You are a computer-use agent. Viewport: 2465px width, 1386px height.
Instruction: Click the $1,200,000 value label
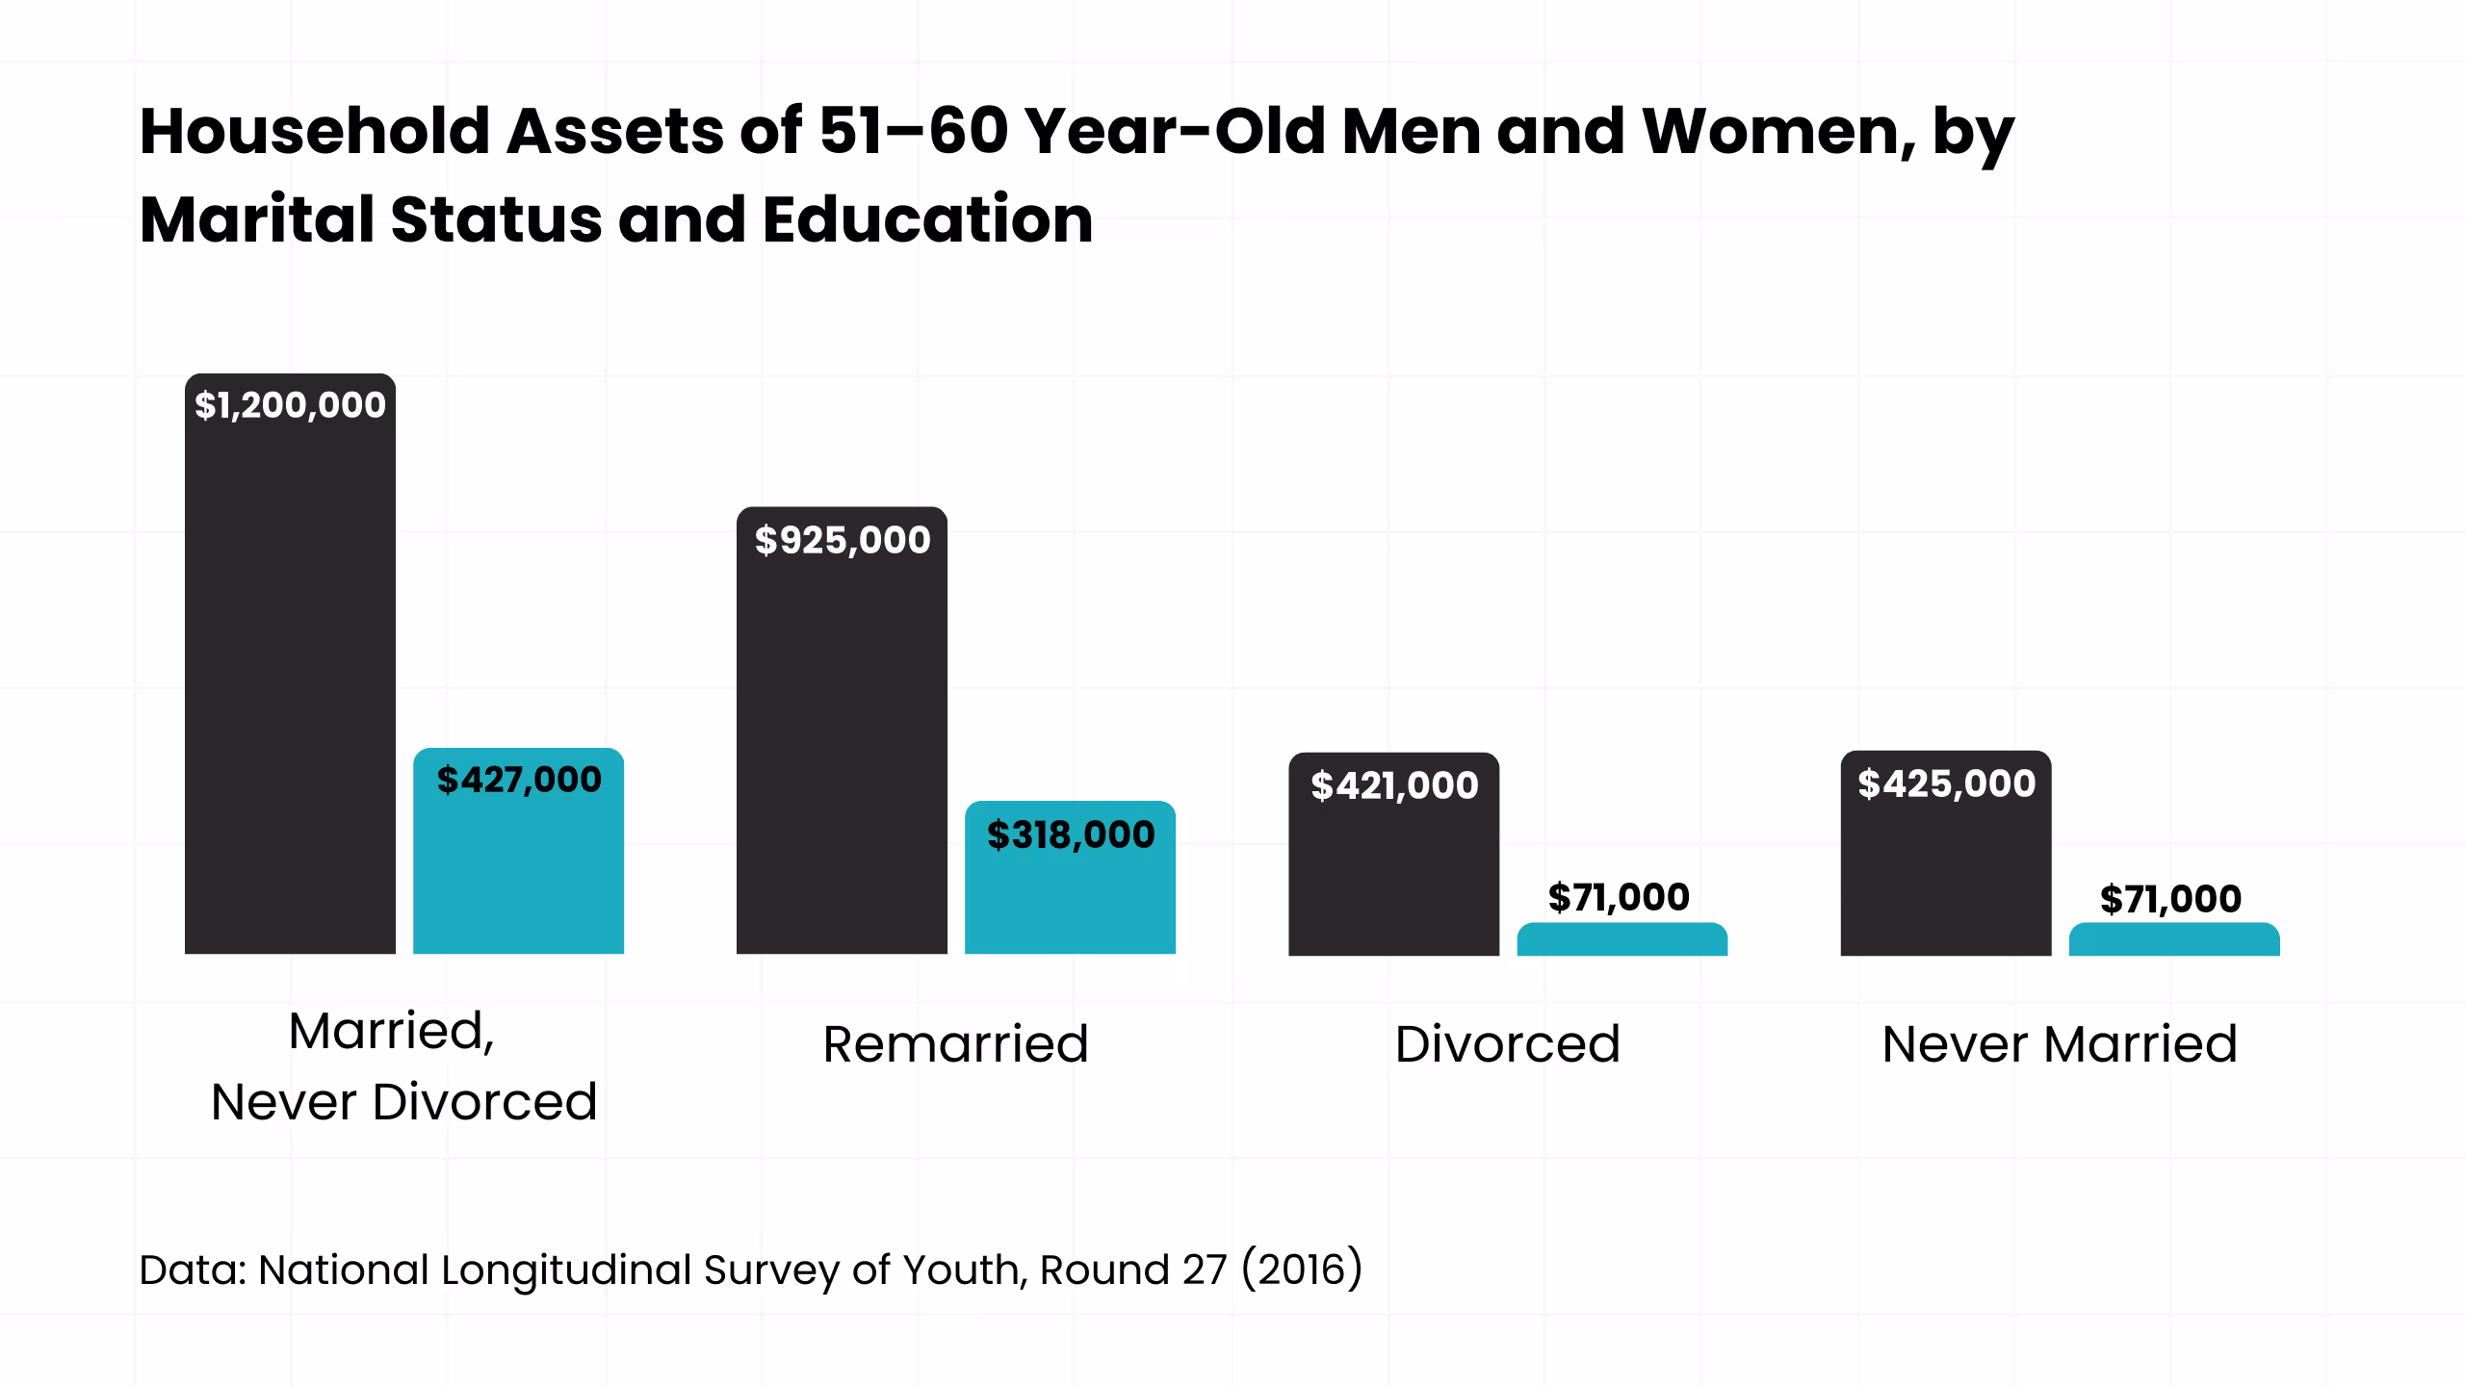pos(290,405)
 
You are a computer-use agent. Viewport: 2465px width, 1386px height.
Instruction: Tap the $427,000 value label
pos(519,780)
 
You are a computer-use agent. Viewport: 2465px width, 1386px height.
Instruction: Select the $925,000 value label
pos(843,540)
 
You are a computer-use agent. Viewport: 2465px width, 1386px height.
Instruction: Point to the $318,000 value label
pos(1071,834)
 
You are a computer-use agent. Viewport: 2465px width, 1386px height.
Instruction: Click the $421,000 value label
pos(1394,786)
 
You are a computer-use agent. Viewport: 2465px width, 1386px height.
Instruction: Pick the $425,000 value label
pos(1946,783)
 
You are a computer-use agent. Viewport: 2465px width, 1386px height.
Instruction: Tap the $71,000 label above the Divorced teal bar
pos(1619,897)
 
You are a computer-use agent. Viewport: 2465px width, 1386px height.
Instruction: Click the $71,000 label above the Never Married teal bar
pos(2170,899)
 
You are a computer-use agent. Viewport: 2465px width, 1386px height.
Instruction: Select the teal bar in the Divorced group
pos(1622,940)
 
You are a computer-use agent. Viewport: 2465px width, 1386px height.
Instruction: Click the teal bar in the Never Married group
pos(2173,940)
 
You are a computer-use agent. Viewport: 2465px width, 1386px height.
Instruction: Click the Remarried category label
pos(955,1044)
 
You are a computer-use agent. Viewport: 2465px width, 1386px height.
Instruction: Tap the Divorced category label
pos(1507,1044)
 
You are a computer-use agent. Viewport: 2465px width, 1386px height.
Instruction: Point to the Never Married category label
pos(2060,1044)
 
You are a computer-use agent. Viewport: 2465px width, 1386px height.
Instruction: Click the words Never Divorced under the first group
pos(404,1102)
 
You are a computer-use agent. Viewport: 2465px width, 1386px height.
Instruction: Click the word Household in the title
pos(315,131)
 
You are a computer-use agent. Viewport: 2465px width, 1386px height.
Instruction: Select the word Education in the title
pos(927,219)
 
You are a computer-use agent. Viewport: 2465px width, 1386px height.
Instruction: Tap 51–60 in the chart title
pos(914,131)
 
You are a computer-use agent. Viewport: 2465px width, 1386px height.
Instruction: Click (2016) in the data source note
pos(1302,1270)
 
